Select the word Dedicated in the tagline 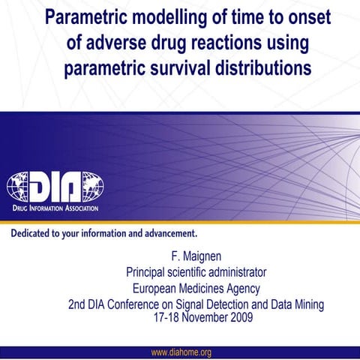coord(35,232)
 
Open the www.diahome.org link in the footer coord(181,352)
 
